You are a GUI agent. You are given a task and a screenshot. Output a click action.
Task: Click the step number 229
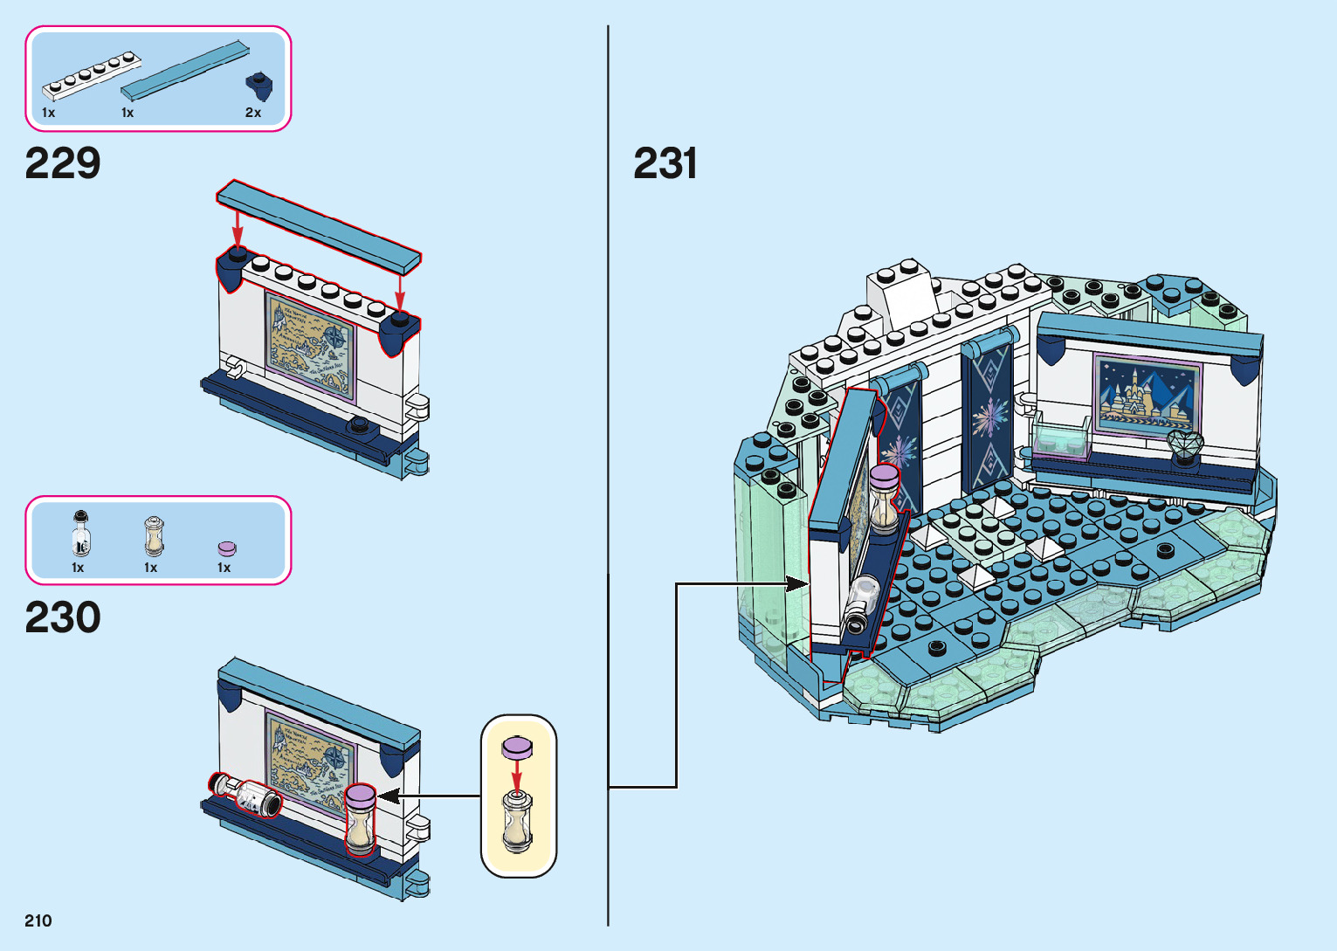coord(63,163)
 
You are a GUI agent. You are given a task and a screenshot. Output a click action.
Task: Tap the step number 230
coord(63,617)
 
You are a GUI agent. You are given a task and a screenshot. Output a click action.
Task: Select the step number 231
coord(665,163)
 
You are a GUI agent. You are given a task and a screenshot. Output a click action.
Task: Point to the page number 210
coord(38,920)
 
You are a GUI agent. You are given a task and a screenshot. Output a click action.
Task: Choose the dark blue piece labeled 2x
coord(258,86)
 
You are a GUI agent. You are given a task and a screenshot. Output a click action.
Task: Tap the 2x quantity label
coord(253,113)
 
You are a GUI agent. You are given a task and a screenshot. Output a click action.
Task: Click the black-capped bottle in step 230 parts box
coord(80,534)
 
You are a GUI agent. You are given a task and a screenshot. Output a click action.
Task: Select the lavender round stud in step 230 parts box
coord(227,548)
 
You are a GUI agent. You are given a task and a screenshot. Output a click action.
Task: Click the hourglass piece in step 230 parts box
coord(154,536)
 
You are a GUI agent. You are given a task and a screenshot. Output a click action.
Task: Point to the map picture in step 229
coord(311,346)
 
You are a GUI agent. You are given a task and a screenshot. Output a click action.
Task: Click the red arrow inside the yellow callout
coord(517,775)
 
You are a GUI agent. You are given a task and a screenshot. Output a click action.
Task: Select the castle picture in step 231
coord(1147,395)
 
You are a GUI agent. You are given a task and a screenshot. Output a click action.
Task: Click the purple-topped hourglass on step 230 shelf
coord(360,819)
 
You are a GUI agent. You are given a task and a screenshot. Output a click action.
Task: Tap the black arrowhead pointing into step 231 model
coord(796,584)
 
